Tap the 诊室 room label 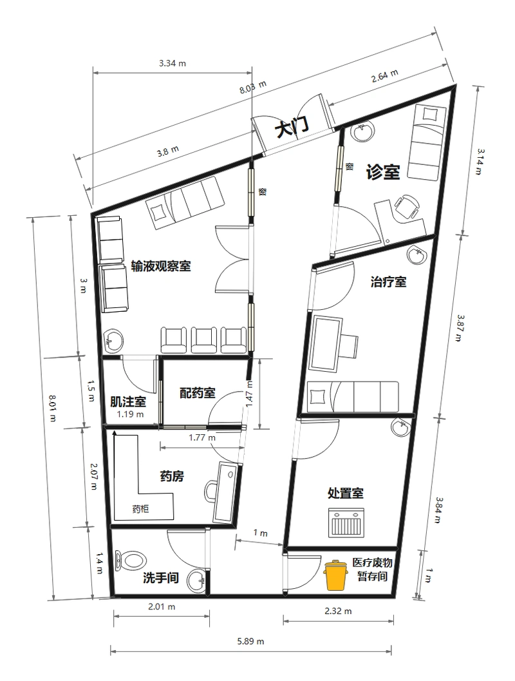click(x=383, y=172)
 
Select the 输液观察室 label click(x=160, y=266)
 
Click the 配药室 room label click(x=198, y=392)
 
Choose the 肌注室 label click(x=127, y=402)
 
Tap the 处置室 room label click(x=346, y=493)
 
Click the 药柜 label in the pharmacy click(x=140, y=508)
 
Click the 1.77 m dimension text click(x=201, y=438)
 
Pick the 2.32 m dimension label click(x=339, y=610)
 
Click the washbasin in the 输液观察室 click(x=115, y=340)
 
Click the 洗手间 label click(x=160, y=578)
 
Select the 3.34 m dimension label click(x=173, y=63)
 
